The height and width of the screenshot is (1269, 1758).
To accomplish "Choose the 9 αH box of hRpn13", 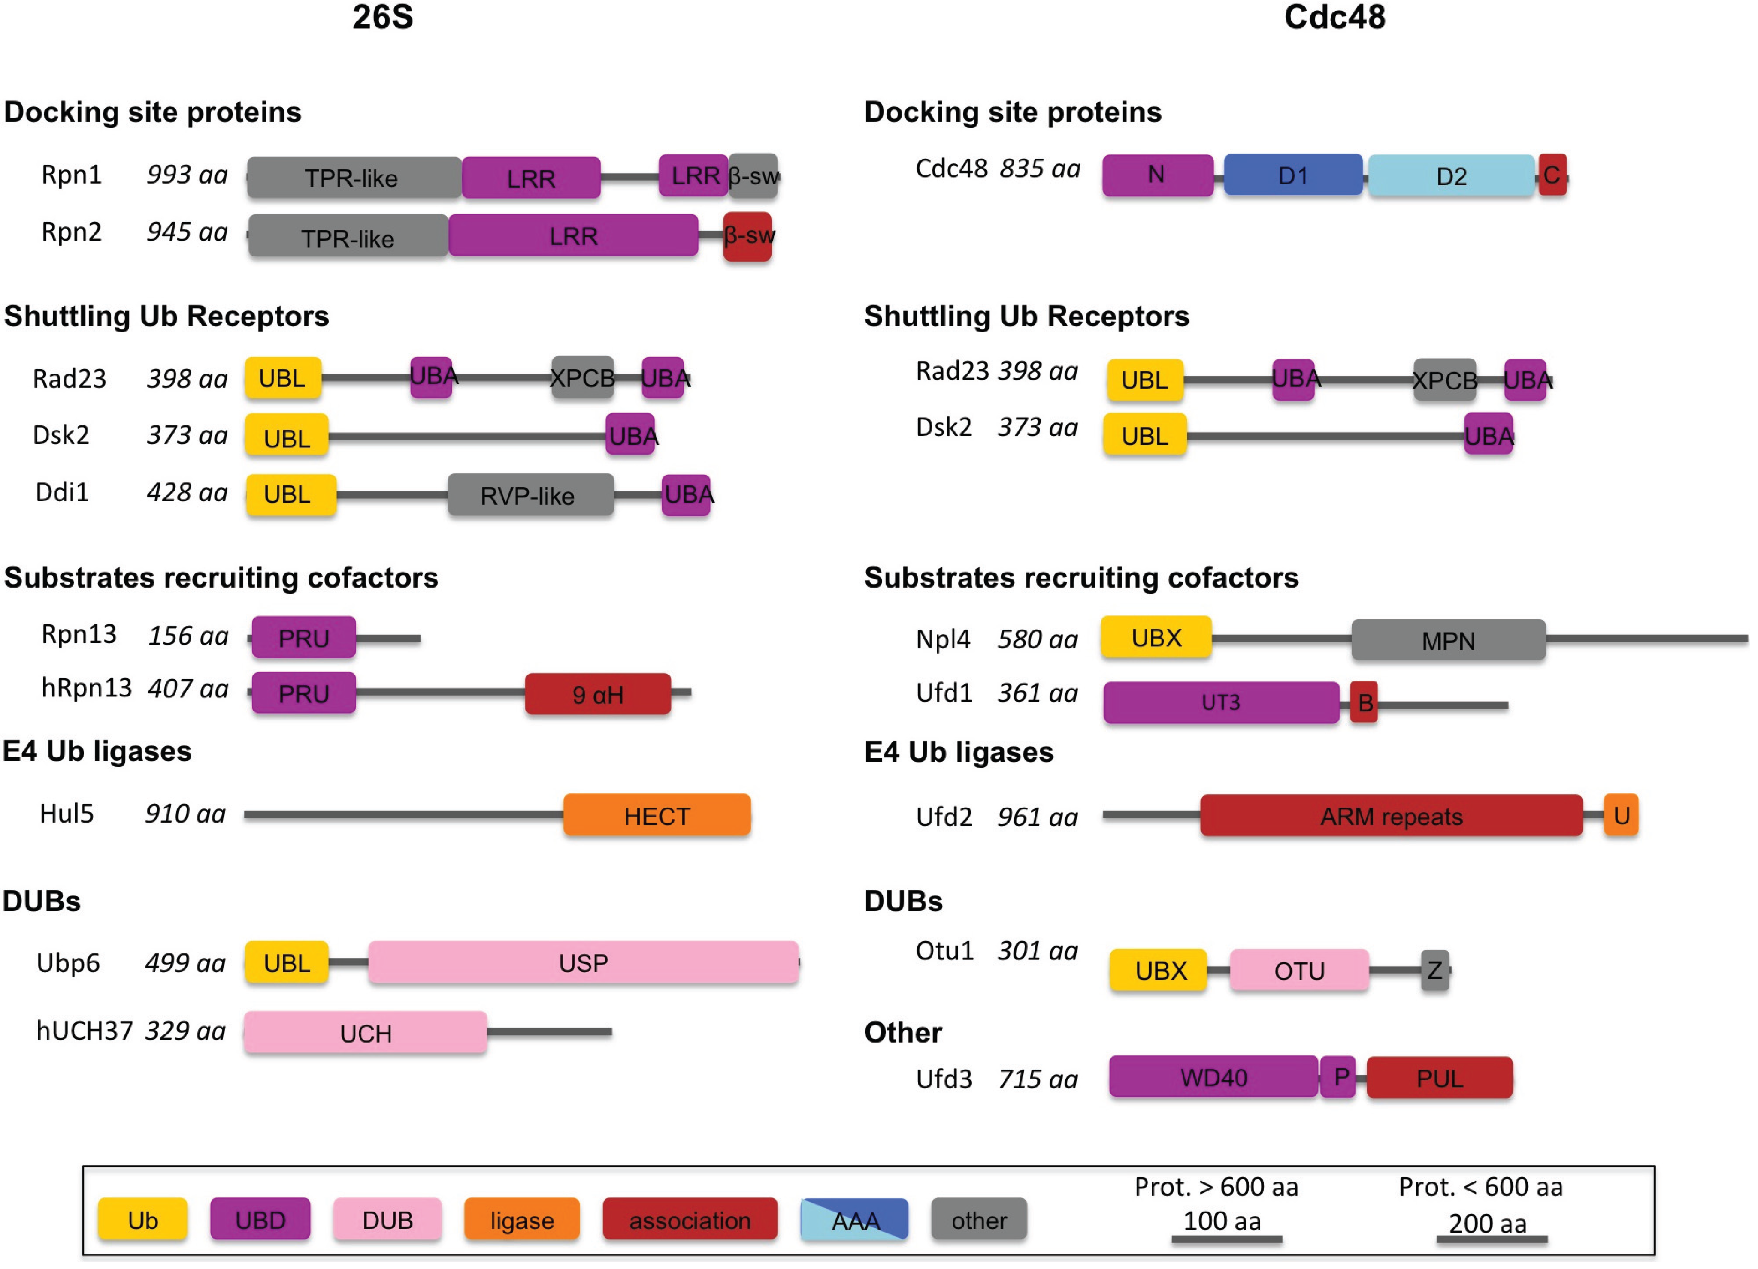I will pyautogui.click(x=598, y=694).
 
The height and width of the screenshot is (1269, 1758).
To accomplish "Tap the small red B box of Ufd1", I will pyautogui.click(x=1364, y=702).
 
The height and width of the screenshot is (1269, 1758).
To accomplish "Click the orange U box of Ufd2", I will pyautogui.click(x=1621, y=815).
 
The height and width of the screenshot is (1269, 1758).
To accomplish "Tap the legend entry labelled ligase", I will pyautogui.click(x=522, y=1220).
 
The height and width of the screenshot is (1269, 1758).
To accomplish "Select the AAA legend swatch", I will pyautogui.click(x=854, y=1220).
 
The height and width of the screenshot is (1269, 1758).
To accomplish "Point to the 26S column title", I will pyautogui.click(x=382, y=17).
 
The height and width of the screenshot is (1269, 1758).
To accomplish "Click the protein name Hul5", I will pyautogui.click(x=67, y=814).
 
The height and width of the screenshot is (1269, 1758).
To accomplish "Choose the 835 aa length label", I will pyautogui.click(x=1039, y=168).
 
